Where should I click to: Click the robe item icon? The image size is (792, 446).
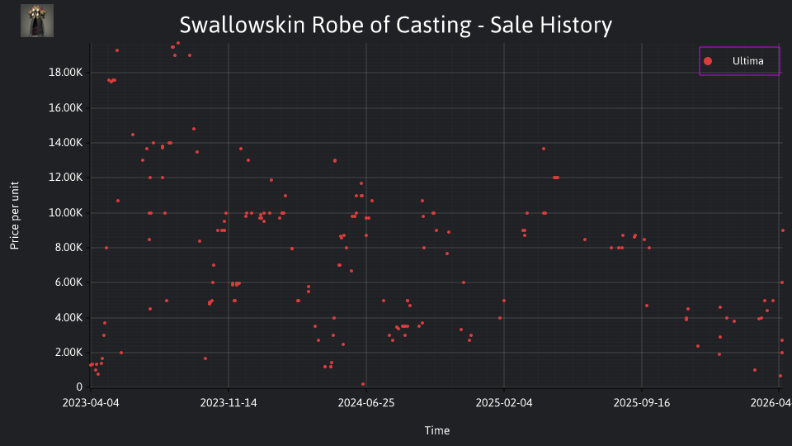(37, 21)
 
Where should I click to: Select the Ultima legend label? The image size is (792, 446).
(747, 61)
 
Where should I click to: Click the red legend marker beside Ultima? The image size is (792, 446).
(708, 61)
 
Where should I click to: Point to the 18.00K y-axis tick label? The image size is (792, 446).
(65, 73)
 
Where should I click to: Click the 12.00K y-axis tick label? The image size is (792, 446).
(65, 178)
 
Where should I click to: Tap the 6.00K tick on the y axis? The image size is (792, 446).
(68, 282)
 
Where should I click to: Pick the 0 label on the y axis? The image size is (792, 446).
(79, 387)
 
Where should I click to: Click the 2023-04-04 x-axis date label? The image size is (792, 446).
(91, 403)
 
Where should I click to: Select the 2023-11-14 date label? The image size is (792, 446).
(229, 403)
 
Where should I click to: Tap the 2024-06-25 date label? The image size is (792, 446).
(366, 403)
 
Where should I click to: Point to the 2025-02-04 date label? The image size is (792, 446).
(504, 403)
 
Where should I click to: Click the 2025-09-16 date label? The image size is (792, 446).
(642, 403)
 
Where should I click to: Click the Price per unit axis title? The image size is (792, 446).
(14, 216)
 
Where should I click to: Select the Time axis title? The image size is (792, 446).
(437, 430)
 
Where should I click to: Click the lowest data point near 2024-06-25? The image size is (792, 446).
(363, 384)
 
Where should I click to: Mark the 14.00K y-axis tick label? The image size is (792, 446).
(65, 143)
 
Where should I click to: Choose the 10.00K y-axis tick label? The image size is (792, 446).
(65, 213)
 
